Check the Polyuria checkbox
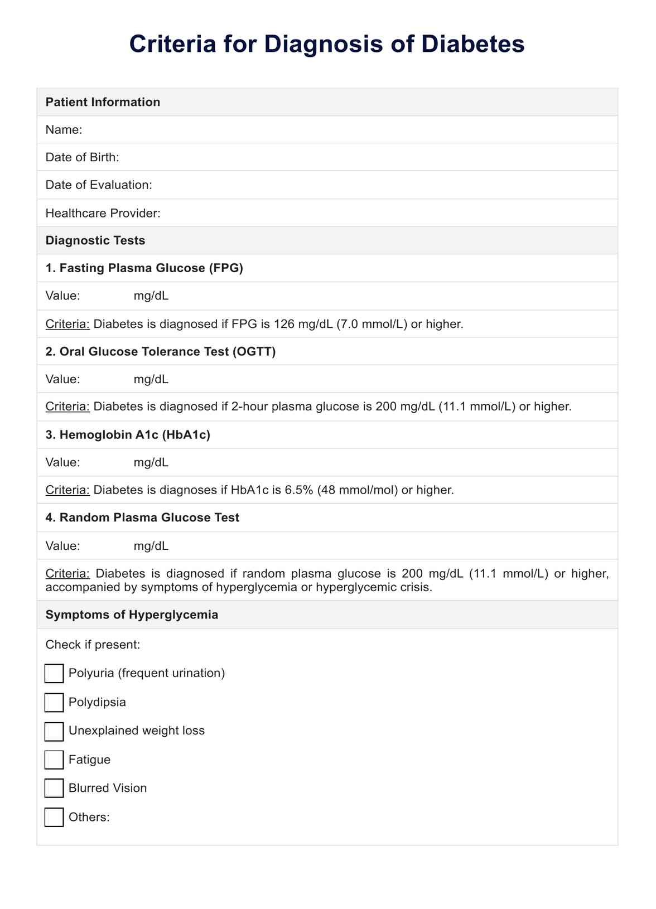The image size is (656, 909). [54, 673]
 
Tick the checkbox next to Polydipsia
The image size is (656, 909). [54, 702]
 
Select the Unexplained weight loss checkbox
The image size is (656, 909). [54, 731]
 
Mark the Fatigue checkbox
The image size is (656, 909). [54, 760]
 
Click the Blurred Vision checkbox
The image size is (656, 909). [54, 789]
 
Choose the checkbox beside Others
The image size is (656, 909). [54, 817]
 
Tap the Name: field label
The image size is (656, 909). [64, 130]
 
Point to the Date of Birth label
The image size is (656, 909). [82, 157]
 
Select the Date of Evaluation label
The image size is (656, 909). [98, 185]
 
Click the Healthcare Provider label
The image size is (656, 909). [103, 213]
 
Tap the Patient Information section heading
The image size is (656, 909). [103, 102]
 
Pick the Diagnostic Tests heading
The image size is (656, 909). [95, 240]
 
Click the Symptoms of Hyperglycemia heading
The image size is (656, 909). [132, 615]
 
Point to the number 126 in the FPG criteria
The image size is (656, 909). [284, 324]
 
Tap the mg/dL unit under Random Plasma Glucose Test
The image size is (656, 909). [151, 546]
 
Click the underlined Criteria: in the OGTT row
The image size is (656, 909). [67, 407]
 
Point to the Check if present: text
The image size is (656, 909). [93, 645]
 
